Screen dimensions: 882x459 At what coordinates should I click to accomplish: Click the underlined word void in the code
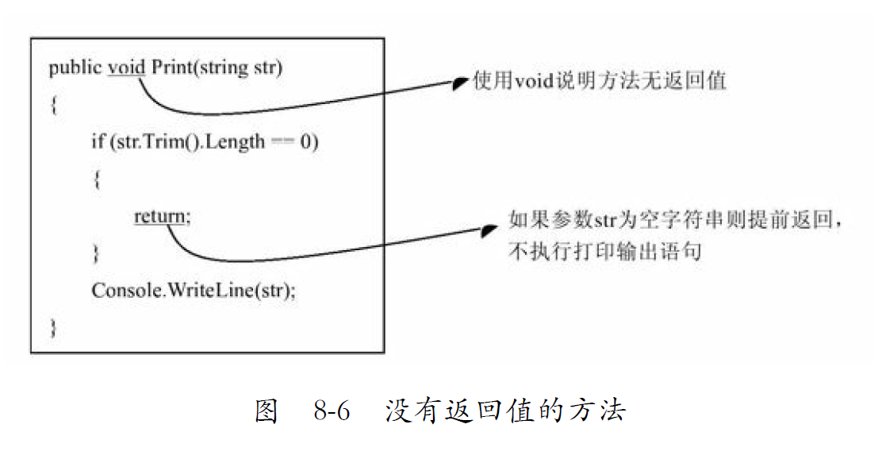(127, 67)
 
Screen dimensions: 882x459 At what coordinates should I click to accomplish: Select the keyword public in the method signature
(75, 68)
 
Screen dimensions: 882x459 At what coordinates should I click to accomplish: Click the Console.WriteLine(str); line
(194, 290)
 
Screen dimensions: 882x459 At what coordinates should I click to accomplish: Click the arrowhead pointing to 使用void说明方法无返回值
(460, 83)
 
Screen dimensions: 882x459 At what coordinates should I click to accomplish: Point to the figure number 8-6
(332, 411)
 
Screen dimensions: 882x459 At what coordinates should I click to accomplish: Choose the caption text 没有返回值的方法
(506, 411)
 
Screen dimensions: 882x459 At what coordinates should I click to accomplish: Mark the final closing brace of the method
(53, 327)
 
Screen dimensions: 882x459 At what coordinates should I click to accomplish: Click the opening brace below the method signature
(53, 106)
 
